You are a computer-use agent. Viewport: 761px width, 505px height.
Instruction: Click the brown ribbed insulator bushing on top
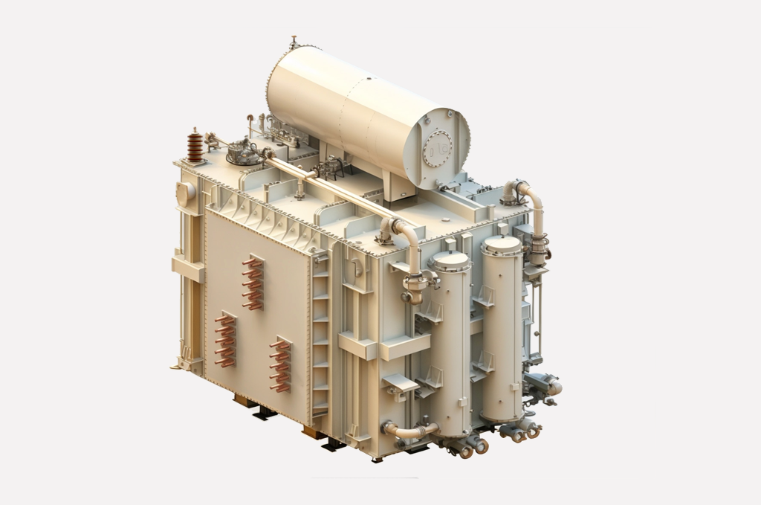coord(195,146)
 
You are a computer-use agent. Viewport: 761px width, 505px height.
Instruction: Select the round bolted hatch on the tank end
coord(438,149)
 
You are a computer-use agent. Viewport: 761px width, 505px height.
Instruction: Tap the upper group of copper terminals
coord(253,283)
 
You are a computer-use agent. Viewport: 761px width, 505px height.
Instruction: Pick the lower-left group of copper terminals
coord(225,340)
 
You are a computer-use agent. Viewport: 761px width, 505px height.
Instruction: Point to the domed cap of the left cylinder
coord(451,260)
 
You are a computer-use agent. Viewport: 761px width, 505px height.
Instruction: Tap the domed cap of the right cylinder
coord(502,244)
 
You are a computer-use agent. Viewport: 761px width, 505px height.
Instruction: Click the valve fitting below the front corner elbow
coord(416,284)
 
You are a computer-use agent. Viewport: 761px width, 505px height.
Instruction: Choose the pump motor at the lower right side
coord(544,385)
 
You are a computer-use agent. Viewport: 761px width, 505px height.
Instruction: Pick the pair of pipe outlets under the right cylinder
coord(522,430)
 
